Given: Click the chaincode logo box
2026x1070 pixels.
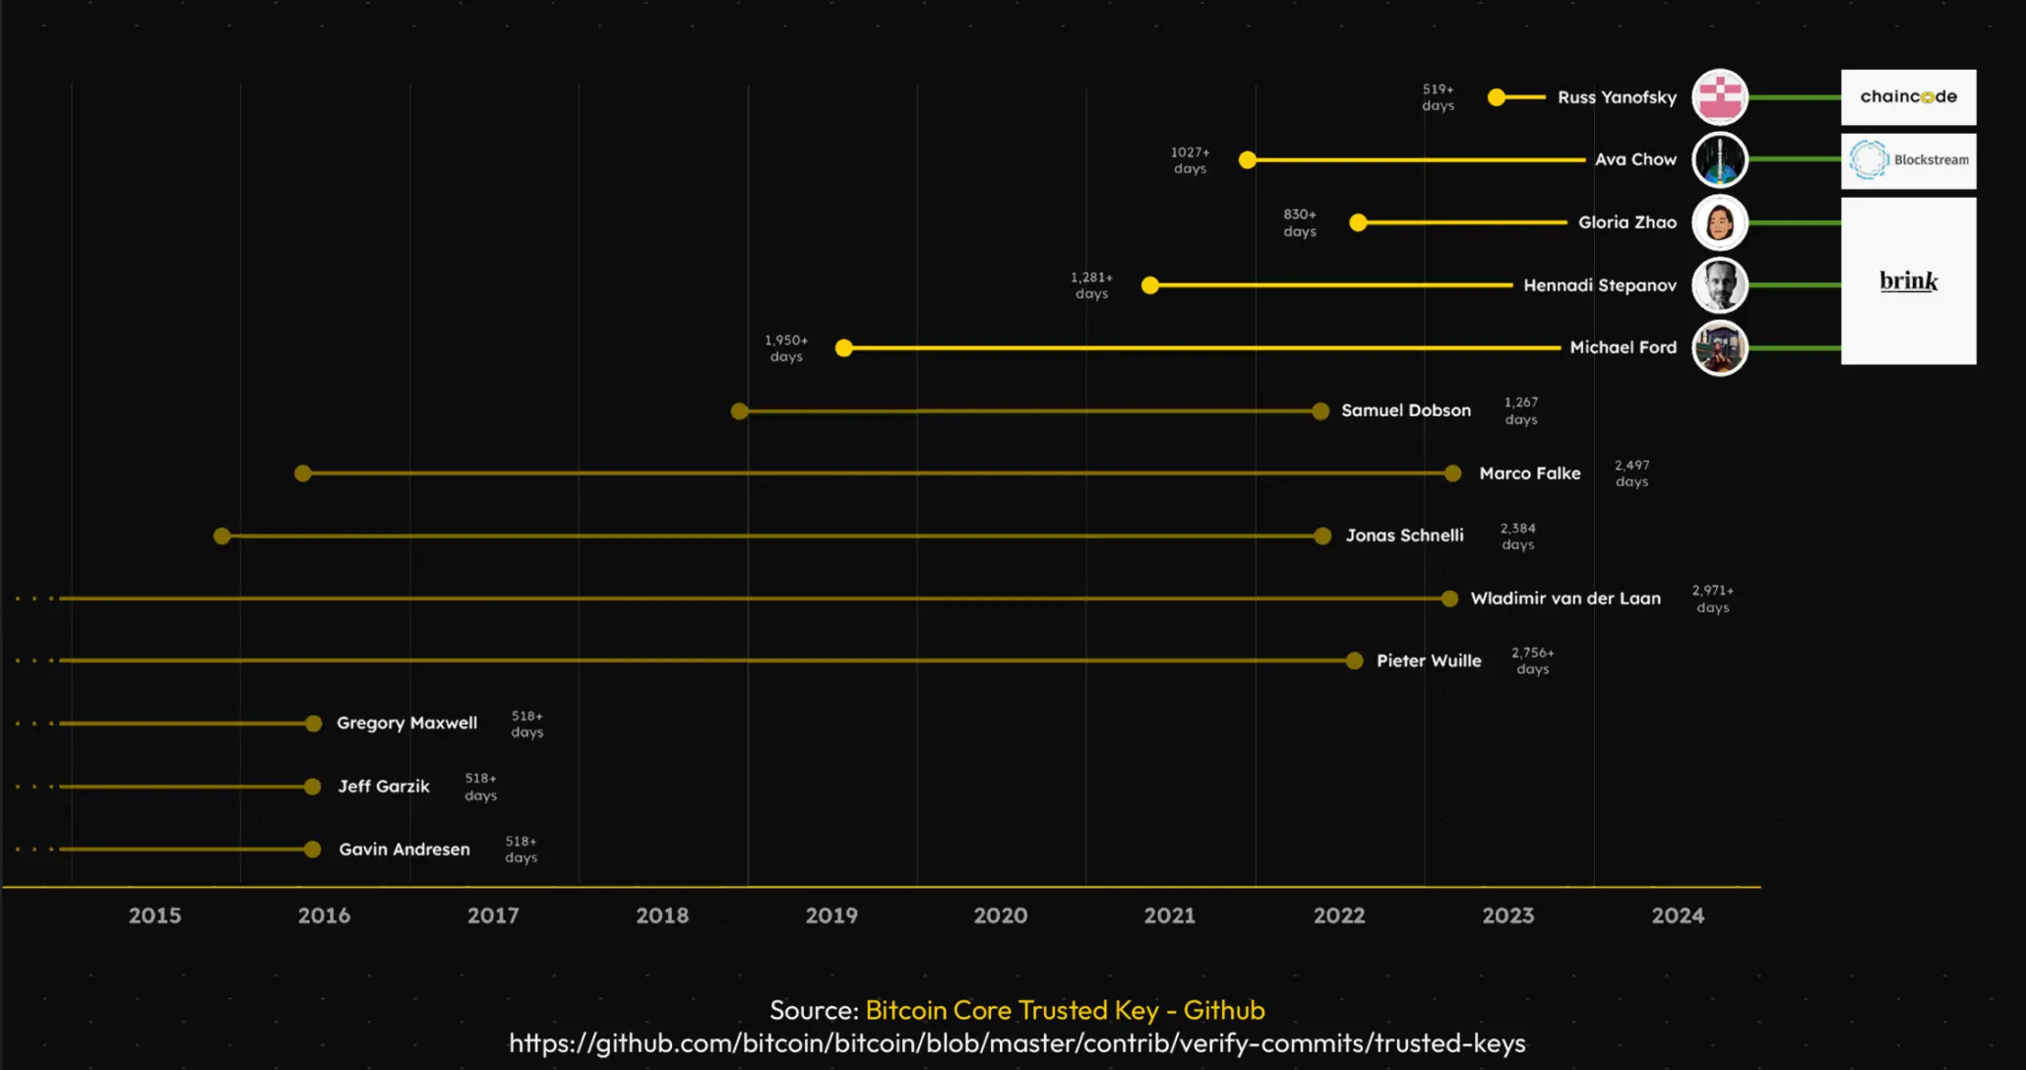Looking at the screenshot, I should pos(1908,96).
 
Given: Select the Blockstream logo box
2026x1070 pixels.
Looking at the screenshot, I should pos(1908,160).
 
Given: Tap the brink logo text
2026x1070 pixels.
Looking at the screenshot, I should pos(1908,282).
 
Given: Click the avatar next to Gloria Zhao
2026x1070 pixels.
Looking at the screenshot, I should pos(1719,222).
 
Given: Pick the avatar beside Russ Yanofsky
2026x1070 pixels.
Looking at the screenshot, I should pos(1719,97).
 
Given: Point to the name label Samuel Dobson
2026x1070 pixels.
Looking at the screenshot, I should pos(1405,410).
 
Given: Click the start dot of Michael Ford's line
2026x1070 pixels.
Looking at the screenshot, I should pos(843,348).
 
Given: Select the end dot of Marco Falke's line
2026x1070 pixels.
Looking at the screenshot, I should pos(1452,473).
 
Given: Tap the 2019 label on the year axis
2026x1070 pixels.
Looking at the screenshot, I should pos(831,915).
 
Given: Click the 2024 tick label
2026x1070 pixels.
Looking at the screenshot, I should pos(1678,915).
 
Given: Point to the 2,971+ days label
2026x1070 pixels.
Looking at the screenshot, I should pos(1712,598).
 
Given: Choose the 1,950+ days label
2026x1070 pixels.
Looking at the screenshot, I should pos(786,348).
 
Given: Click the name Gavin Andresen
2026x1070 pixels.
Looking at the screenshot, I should pos(404,850).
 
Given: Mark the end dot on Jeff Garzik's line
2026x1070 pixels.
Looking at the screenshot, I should pos(313,787).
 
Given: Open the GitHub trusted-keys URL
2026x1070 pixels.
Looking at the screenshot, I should pos(1016,1043).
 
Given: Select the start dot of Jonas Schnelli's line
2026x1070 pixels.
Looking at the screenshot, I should pos(222,536).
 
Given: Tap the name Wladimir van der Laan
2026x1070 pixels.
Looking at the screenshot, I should pos(1565,598).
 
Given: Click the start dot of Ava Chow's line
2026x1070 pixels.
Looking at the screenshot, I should pos(1248,159).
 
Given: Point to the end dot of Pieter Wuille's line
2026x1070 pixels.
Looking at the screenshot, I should pos(1354,661).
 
